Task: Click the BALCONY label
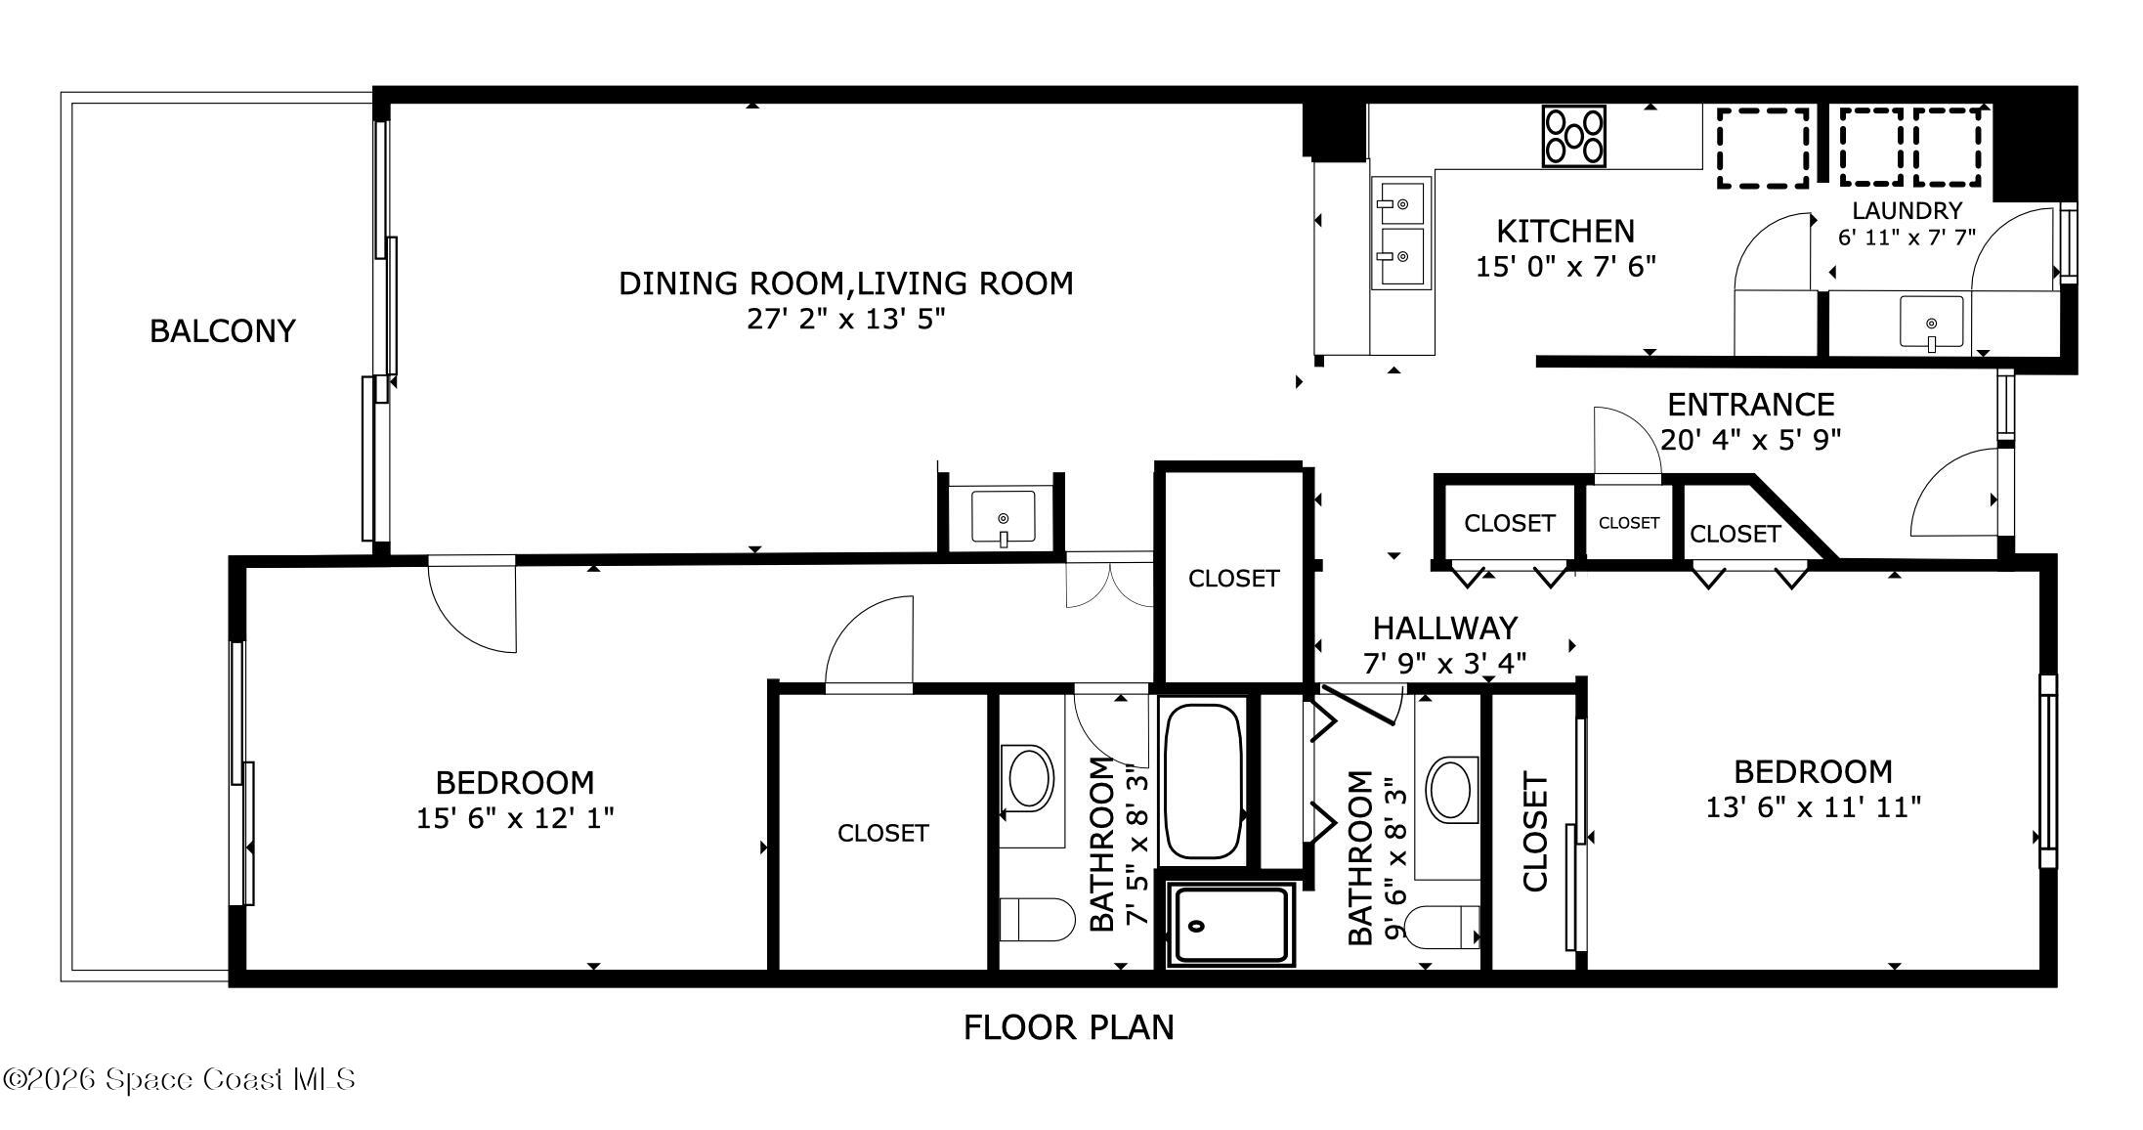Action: pos(222,331)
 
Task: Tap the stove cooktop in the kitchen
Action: pos(1573,136)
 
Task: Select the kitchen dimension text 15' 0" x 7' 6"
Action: pos(1565,267)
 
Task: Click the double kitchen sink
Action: pos(1400,233)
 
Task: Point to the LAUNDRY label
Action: pos(1907,210)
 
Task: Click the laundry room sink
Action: pos(1931,324)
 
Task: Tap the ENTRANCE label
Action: pos(1750,404)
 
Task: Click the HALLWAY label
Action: pos(1445,628)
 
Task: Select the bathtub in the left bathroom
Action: pos(1203,781)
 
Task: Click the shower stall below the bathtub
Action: pos(1230,925)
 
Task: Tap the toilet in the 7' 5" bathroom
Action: pos(1036,920)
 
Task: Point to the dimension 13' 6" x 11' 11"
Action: pos(1813,807)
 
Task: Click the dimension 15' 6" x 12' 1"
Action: pos(515,818)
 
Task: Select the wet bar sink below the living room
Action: pos(1003,517)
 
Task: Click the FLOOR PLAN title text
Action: pos(1068,1027)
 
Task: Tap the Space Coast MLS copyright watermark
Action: pos(179,1079)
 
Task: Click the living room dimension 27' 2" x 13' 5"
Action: pos(846,320)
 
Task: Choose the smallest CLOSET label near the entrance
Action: pos(1628,523)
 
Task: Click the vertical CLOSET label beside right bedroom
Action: pos(1535,832)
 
